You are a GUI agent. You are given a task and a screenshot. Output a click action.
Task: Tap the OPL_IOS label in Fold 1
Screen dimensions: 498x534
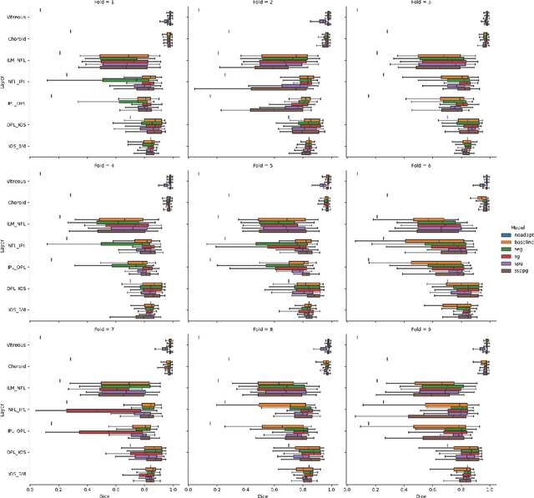click(16, 125)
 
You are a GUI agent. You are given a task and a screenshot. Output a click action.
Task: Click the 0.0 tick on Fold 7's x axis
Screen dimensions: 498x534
click(31, 489)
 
